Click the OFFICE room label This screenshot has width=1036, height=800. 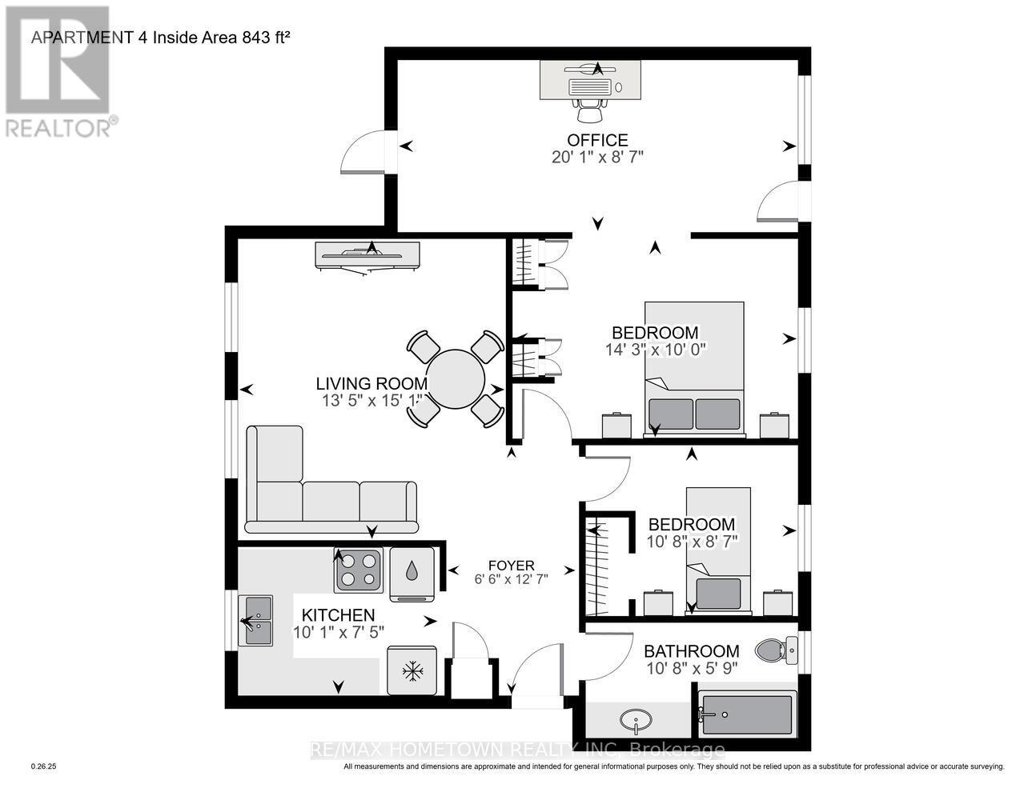597,140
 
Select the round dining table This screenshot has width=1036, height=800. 456,378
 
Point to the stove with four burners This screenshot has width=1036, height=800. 358,570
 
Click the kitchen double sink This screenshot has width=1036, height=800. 258,621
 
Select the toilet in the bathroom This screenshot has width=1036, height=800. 776,650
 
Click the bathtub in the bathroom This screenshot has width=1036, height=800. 747,714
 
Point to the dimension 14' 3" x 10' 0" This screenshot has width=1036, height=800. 655,350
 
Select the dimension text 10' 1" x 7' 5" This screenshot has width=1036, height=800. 338,631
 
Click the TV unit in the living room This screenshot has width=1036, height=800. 367,256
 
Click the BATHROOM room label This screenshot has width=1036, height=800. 691,651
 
